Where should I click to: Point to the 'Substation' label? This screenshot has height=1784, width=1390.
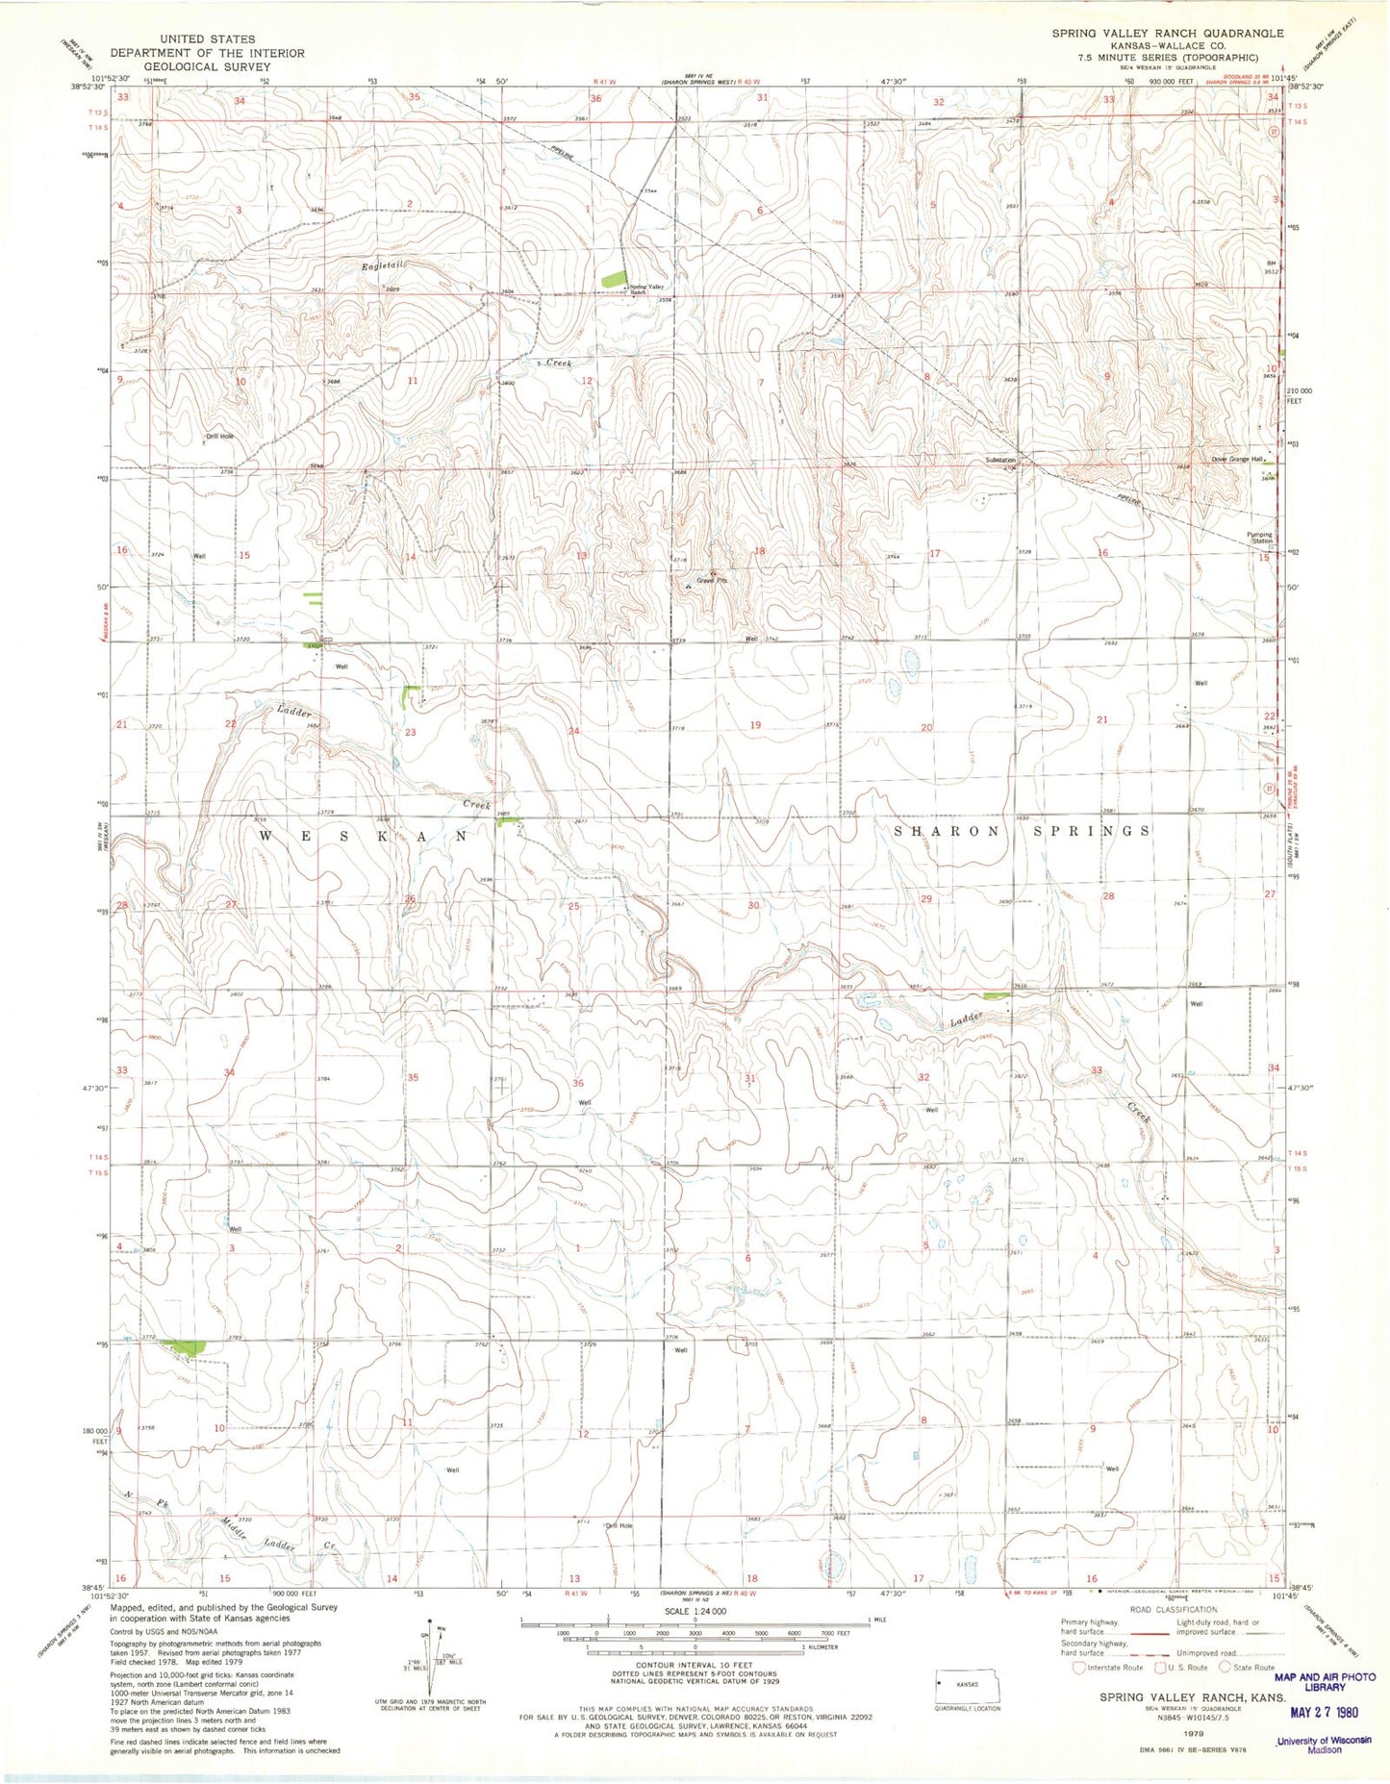point(999,460)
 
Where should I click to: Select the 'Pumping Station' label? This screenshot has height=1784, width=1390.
point(1259,538)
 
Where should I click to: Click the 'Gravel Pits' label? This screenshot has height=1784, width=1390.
point(711,581)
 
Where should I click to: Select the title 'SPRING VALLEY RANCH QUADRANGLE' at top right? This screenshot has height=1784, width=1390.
point(1167,33)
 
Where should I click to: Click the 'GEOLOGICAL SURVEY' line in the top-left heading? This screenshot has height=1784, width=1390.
point(207,66)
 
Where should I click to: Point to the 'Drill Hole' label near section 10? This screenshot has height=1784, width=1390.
point(219,436)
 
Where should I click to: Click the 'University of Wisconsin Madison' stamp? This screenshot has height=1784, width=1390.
point(1322,1745)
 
